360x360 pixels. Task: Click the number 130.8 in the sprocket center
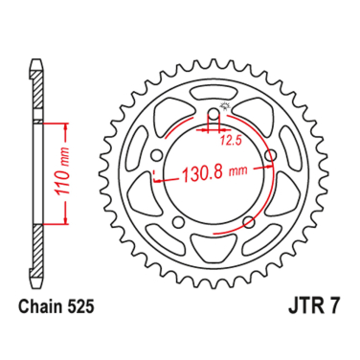202,175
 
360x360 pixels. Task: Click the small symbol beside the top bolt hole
227,106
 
